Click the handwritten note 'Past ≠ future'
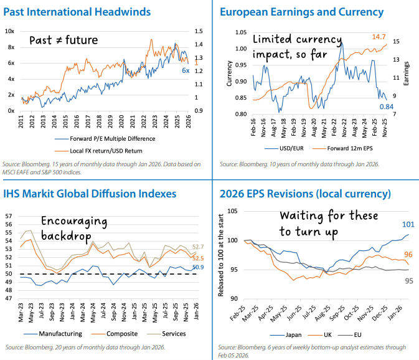click(x=65, y=41)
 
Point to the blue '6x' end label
click(x=186, y=71)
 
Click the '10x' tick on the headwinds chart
click(x=11, y=31)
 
